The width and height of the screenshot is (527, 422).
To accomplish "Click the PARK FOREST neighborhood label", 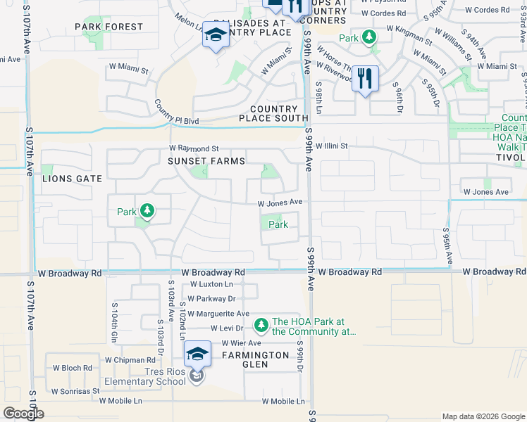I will (109, 27).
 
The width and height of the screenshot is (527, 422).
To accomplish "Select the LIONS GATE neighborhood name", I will (73, 179).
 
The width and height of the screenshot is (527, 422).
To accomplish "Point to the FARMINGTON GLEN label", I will (255, 355).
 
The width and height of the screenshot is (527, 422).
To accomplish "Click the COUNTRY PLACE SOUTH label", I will (279, 113).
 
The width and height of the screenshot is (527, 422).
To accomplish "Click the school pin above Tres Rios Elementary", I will (198, 355).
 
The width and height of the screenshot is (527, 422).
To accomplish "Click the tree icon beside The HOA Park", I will (261, 324).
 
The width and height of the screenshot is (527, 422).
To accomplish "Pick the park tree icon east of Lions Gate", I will (147, 210).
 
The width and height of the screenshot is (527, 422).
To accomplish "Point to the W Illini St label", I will (330, 146).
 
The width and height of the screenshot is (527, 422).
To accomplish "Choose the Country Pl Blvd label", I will (178, 113).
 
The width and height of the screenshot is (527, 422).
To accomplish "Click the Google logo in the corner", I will (23, 414).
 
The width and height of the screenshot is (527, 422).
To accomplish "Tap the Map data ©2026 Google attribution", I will (483, 416).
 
